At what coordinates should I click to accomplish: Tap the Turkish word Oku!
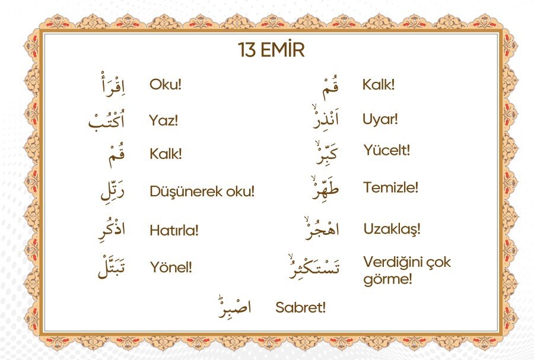coord(165,84)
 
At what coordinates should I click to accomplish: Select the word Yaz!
coord(164,120)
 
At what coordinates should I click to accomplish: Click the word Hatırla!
coord(174,230)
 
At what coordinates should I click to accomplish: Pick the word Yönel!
coord(171,267)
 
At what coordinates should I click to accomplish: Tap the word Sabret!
coord(300,307)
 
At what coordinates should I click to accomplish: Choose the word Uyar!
coord(380,119)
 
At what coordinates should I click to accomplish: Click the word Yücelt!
coord(386,150)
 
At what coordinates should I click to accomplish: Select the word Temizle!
coord(390,187)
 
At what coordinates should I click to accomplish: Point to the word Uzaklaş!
coord(392,229)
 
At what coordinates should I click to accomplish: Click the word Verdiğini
coord(390,262)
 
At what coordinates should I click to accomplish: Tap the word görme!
coord(387,279)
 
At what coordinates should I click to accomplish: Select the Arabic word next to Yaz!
coord(107,120)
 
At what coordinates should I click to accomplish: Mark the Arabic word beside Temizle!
coord(325,187)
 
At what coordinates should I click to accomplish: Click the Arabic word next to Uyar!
coord(326,118)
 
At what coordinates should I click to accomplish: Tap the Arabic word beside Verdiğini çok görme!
coord(314,266)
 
